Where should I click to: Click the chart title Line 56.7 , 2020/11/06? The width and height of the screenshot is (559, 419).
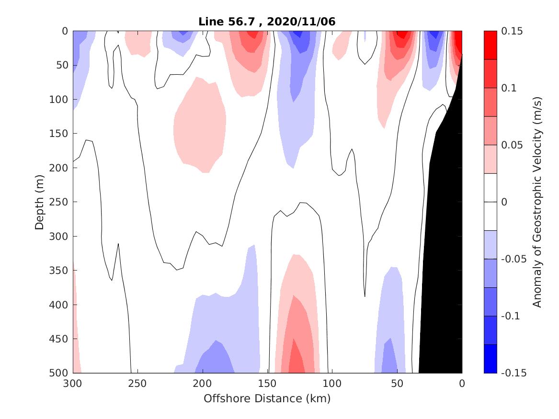tap(267, 22)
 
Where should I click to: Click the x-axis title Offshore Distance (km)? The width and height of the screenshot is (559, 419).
tap(267, 398)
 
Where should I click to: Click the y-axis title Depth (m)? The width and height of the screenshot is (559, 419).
tap(40, 202)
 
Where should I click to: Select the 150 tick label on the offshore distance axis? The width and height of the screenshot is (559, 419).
tap(267, 384)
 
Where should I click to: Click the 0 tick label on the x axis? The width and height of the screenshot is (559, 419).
tap(462, 384)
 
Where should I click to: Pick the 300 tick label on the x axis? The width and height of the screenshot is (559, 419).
tap(73, 384)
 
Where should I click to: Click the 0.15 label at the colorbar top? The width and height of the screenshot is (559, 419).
tap(513, 31)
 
